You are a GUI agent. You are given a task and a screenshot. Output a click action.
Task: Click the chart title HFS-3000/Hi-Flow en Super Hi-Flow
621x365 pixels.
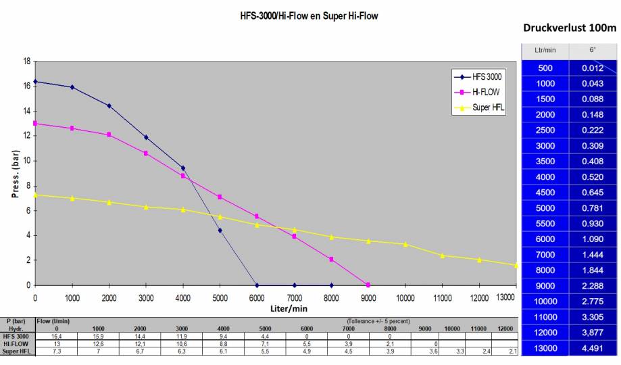point(309,16)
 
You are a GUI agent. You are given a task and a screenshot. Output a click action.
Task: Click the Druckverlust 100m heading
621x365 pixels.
point(570,28)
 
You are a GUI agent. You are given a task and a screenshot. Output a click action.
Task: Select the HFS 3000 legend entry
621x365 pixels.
point(486,77)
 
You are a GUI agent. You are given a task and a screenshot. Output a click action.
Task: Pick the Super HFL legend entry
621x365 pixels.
point(488,107)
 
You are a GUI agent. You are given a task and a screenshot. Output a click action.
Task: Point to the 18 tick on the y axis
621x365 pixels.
point(27,61)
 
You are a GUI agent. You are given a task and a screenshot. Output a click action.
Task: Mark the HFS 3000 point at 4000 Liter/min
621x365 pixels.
point(183,168)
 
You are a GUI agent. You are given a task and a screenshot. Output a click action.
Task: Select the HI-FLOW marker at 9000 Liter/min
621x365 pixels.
point(368,285)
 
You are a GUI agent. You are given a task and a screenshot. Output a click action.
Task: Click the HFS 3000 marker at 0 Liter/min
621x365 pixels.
point(35,82)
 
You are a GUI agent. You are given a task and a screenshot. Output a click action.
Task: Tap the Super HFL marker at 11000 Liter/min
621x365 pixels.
point(443,255)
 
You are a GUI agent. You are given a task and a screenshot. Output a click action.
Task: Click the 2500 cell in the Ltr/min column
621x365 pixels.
point(546,130)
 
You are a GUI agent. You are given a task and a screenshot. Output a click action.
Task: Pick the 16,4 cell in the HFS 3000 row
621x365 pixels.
point(57,335)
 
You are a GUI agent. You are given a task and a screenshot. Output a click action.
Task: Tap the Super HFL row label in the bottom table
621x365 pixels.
point(17,350)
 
